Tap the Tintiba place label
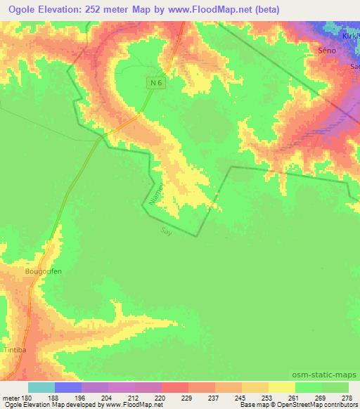[x=14, y=349]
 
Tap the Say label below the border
[x=166, y=231]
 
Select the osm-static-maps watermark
[x=326, y=375]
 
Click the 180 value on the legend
[x=27, y=398]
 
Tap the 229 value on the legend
[x=187, y=398]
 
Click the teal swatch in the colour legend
[x=41, y=387]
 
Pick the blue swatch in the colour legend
[x=67, y=387]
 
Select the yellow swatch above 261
[x=281, y=387]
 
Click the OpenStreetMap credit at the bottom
[x=313, y=405]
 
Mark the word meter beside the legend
[x=12, y=398]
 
